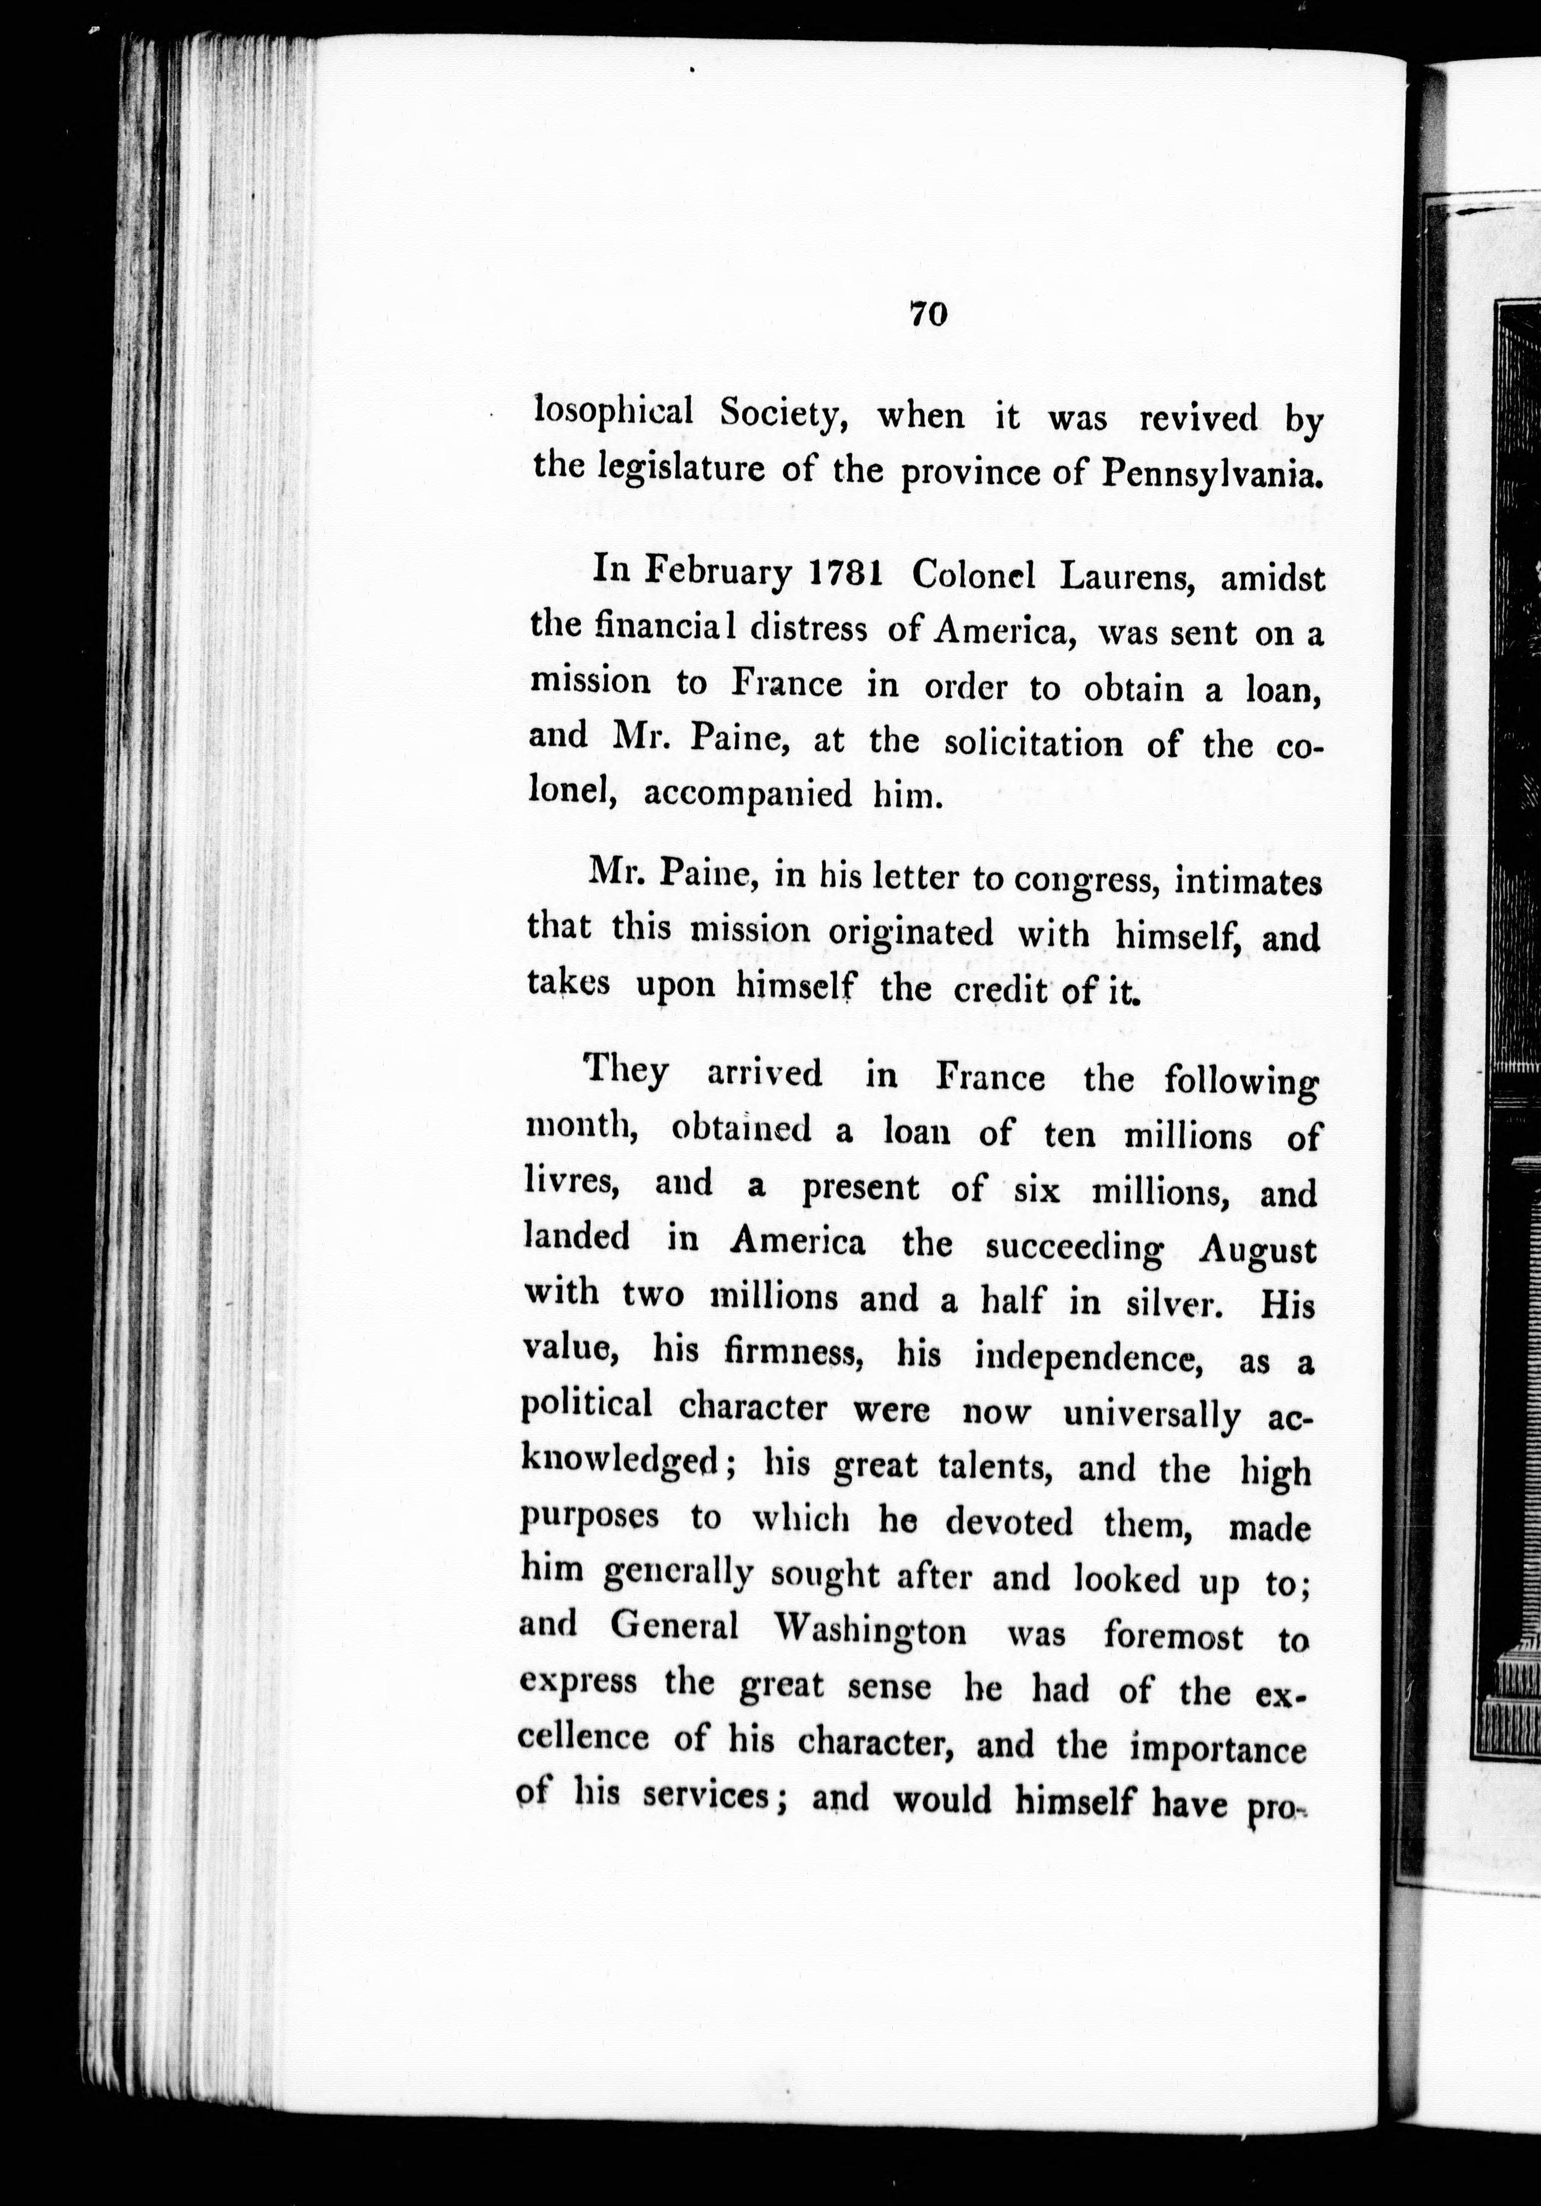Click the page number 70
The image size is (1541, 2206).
click(x=928, y=314)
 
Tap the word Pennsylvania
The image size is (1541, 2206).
click(x=1211, y=472)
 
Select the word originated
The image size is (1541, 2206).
click(x=911, y=932)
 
